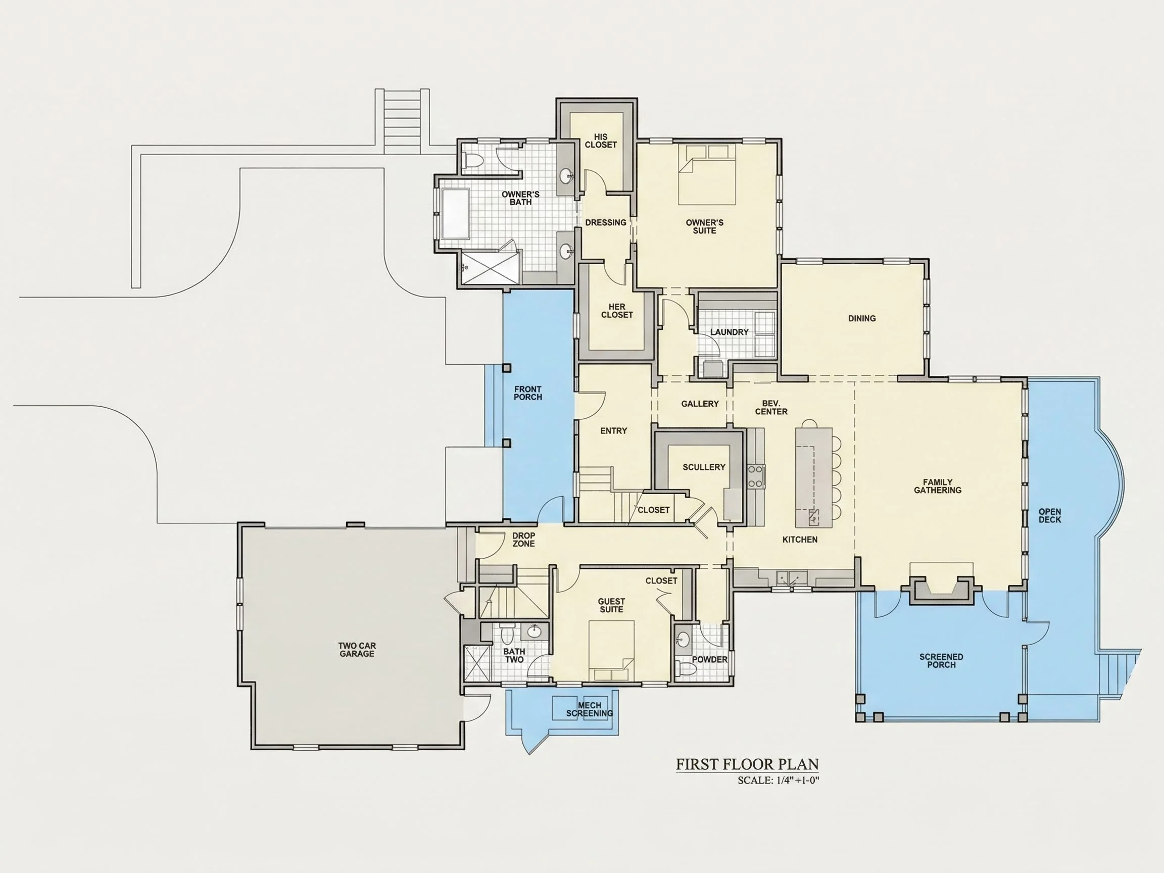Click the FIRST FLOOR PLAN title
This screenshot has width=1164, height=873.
click(x=747, y=764)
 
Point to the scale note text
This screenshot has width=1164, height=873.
click(x=779, y=781)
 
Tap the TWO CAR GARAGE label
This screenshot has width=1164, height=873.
click(x=357, y=649)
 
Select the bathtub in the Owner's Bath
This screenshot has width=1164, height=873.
click(x=455, y=214)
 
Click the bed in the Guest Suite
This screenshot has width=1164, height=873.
click(x=611, y=650)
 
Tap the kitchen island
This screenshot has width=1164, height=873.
click(x=813, y=477)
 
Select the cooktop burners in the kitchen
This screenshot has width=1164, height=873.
click(x=756, y=476)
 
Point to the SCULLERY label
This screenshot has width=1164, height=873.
click(x=704, y=467)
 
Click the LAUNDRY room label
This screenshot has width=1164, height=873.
click(x=730, y=332)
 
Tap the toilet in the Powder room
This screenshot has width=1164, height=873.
click(x=686, y=669)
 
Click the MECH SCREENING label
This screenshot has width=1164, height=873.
click(x=590, y=709)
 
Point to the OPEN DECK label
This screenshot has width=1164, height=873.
click(x=1050, y=515)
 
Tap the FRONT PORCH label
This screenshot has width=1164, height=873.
click(x=528, y=393)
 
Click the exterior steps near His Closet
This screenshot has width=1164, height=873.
click(x=402, y=121)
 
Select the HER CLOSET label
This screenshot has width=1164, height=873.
click(x=617, y=311)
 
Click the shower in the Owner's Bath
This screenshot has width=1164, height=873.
click(x=491, y=268)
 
